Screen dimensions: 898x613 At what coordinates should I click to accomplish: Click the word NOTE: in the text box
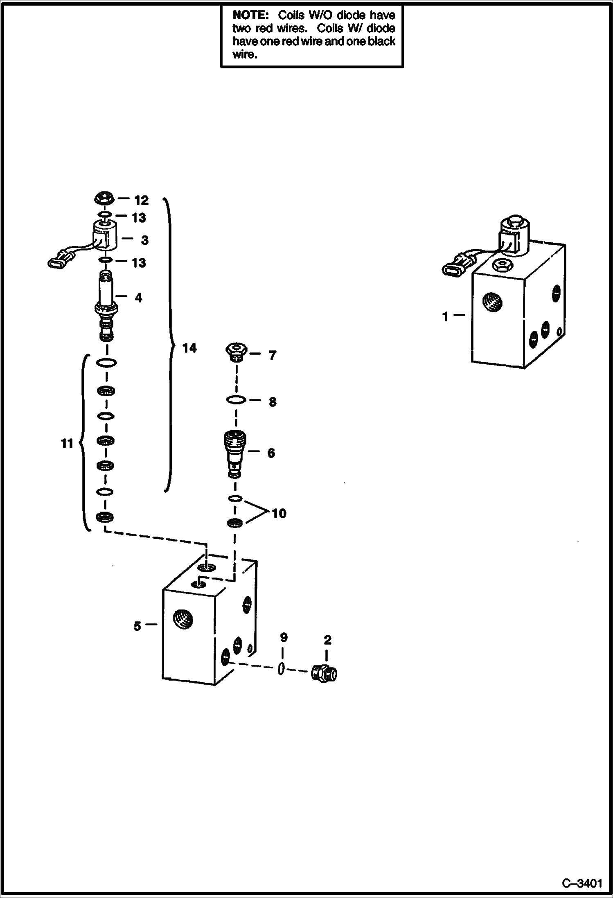coord(250,16)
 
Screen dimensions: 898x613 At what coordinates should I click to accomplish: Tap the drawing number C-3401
coord(581,882)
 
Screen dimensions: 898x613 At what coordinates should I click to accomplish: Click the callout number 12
coord(141,200)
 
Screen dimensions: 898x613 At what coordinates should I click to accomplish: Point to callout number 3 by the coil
coord(144,240)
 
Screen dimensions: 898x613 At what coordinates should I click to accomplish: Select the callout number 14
coord(189,348)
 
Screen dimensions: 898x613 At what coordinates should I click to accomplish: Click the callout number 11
coord(67,443)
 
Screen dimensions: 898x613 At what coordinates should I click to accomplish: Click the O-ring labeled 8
coord(236,400)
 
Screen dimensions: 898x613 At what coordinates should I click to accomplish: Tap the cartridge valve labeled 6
coord(235,452)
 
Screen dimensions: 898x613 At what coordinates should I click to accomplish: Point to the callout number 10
coord(279,513)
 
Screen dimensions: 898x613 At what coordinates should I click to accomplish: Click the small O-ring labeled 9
coord(281,669)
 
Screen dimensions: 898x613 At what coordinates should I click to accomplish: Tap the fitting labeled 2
coord(324,673)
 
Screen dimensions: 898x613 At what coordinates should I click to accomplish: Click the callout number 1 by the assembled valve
coord(445,316)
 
